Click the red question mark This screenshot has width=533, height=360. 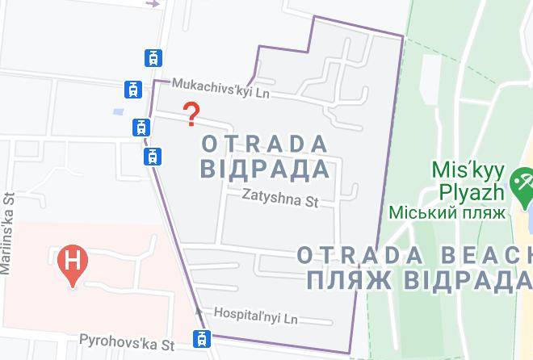[x=191, y=115]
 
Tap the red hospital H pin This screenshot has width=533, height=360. [x=73, y=264]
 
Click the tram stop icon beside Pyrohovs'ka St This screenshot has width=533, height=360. [x=201, y=337]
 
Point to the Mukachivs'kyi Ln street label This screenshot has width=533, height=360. [x=220, y=88]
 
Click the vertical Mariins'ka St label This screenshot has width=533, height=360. [x=10, y=234]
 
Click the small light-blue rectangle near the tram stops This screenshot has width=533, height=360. [x=120, y=111]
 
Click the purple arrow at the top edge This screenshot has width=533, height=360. [x=153, y=3]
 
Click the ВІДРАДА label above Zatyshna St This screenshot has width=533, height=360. [x=264, y=170]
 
